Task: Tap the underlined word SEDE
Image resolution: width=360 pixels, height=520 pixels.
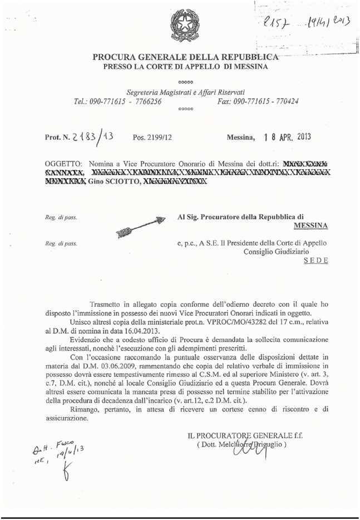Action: [x=315, y=260]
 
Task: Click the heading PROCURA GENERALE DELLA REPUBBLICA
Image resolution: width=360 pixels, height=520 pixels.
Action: [x=184, y=57]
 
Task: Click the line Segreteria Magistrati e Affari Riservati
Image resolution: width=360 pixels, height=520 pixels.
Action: [x=186, y=92]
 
